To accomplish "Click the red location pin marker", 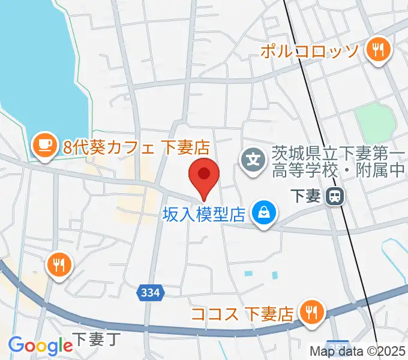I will [x=204, y=175].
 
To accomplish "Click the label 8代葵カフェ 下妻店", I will [x=136, y=147].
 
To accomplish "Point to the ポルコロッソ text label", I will [x=310, y=50].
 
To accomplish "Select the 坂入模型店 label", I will [x=205, y=213].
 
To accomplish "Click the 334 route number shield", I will [x=151, y=292].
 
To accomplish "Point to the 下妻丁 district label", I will [x=95, y=339].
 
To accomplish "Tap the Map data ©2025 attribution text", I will [x=358, y=352].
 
